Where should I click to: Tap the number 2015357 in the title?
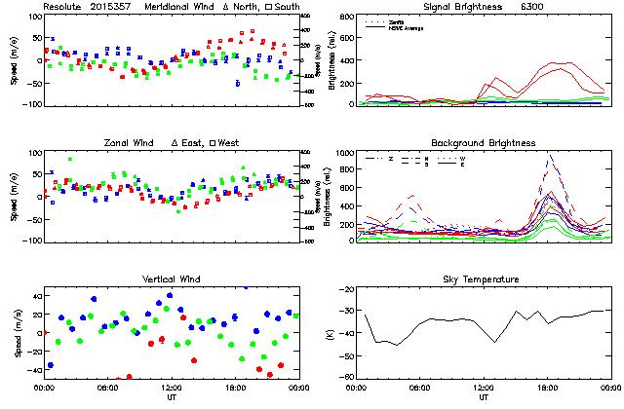tap(113, 7)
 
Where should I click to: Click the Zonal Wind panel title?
tap(130, 143)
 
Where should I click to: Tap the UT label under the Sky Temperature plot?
tap(483, 397)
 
